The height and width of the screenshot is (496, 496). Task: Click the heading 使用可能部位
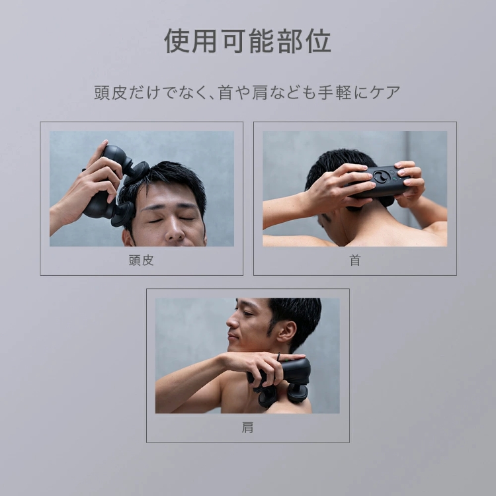click(x=247, y=42)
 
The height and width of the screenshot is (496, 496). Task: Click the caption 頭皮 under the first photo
click(x=141, y=260)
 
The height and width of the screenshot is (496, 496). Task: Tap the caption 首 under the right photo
click(x=355, y=260)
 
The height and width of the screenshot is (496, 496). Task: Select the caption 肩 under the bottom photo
click(x=247, y=427)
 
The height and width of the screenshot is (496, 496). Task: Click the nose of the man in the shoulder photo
click(x=229, y=324)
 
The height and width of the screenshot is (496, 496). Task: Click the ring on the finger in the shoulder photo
click(x=278, y=358)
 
